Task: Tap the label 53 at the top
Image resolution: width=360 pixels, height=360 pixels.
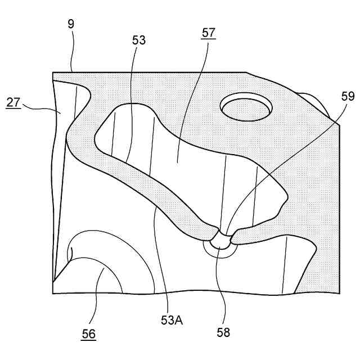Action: point(138,40)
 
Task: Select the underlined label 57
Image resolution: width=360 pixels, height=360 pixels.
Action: point(209,32)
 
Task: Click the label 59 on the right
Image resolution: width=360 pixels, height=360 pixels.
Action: point(348,96)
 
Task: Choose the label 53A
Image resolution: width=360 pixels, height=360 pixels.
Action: point(171,320)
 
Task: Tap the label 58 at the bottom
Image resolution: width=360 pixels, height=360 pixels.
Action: point(224,332)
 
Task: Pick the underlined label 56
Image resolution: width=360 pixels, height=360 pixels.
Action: point(88,334)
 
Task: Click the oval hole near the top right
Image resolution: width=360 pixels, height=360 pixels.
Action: point(246,107)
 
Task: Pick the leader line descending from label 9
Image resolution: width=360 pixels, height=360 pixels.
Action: point(73,51)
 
